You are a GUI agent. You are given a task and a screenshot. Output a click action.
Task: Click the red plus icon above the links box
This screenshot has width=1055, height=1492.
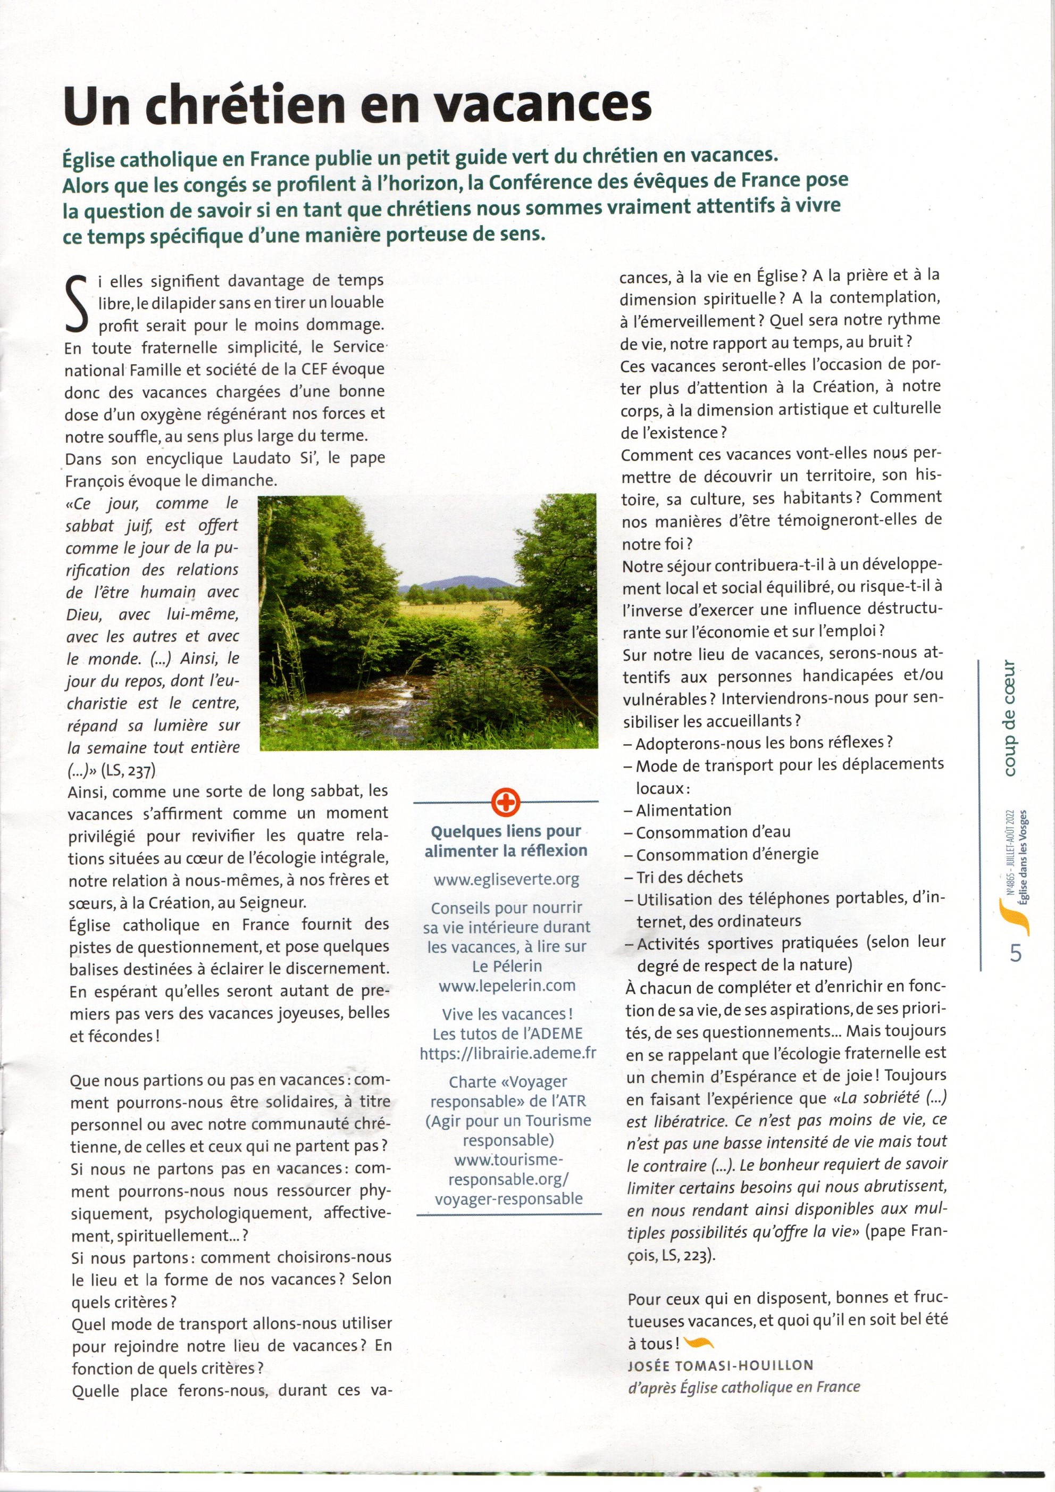(506, 803)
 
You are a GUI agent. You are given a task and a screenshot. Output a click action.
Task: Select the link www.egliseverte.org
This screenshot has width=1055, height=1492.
(506, 879)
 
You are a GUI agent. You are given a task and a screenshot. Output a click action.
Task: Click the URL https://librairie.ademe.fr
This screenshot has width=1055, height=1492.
(507, 1053)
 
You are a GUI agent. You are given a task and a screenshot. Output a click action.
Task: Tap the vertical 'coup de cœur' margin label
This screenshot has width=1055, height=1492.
(1009, 718)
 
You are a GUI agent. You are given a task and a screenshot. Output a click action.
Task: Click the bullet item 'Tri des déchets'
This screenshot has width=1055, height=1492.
(689, 877)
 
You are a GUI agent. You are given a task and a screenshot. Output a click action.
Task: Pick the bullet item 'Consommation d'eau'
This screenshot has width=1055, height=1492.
(712, 832)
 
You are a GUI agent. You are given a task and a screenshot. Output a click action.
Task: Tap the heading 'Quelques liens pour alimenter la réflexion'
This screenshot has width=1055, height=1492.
(506, 840)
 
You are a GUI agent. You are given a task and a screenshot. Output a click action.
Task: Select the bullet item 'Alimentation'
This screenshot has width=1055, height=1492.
(683, 810)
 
